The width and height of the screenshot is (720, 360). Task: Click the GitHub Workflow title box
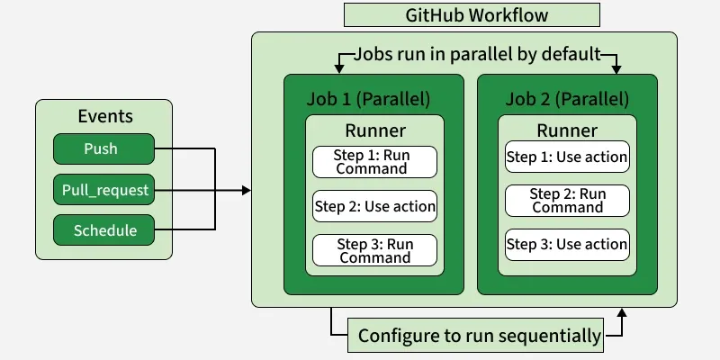[x=472, y=15]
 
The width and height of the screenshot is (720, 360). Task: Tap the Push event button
[x=102, y=148]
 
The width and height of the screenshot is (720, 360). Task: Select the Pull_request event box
[x=102, y=190]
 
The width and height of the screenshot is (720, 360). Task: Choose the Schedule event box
[x=102, y=230]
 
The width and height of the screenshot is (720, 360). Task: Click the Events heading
[x=104, y=116]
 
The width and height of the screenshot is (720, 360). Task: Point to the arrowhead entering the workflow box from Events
[x=246, y=190]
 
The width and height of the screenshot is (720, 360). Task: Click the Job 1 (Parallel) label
[x=374, y=98]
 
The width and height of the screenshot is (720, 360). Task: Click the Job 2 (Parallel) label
[x=567, y=98]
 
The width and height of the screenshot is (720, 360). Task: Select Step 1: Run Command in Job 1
[x=374, y=162]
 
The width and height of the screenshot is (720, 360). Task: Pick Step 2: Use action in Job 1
[x=374, y=206]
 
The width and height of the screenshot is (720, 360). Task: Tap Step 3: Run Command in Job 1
[x=374, y=250]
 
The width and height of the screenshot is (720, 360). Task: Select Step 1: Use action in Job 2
[x=567, y=157]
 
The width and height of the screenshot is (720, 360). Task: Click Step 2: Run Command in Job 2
[x=567, y=200]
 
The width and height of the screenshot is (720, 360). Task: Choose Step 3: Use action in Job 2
[x=567, y=244]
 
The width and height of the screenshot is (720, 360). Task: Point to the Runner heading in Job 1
[x=374, y=130]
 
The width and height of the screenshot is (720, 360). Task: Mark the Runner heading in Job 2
[x=567, y=130]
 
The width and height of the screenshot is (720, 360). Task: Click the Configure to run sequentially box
[x=479, y=336]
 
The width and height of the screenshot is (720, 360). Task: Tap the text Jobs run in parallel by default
[x=477, y=54]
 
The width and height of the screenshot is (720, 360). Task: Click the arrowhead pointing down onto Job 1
[x=339, y=68]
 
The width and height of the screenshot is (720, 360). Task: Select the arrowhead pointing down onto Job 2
[x=617, y=68]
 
